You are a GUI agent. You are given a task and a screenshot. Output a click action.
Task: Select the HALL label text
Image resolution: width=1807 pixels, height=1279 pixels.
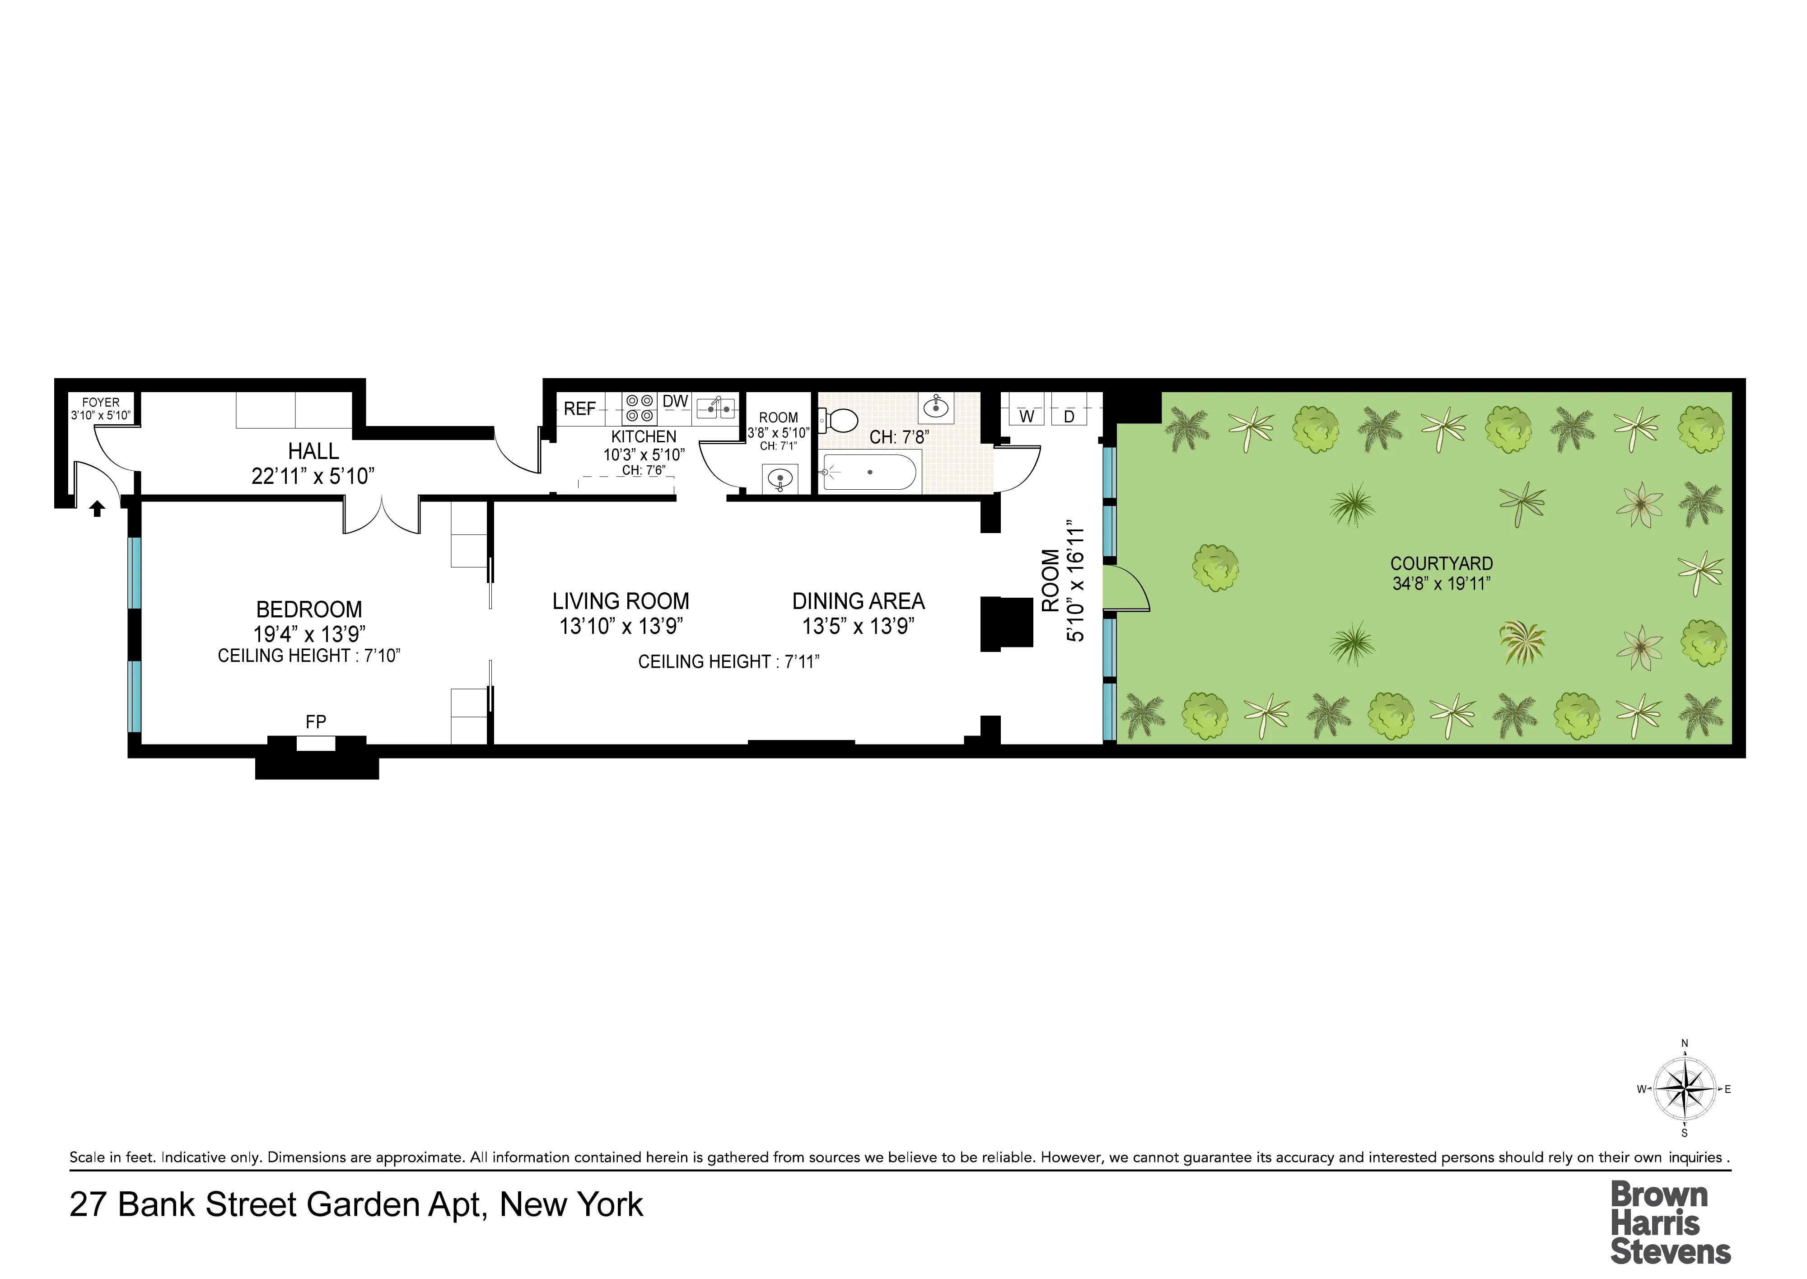pos(313,451)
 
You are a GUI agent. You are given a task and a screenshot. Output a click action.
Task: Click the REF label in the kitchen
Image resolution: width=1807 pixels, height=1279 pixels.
pos(579,409)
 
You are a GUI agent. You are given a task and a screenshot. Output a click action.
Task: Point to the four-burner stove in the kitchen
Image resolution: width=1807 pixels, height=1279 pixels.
pos(640,408)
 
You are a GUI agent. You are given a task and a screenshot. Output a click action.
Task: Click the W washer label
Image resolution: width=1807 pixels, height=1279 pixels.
pos(1027,417)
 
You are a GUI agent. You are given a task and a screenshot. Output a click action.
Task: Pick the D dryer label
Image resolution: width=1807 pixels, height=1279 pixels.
pos(1069,417)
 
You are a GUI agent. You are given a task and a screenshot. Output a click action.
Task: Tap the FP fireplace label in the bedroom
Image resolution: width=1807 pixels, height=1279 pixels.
pos(316,721)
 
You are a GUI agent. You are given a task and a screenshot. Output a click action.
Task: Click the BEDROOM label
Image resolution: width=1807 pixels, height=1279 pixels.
pos(309,609)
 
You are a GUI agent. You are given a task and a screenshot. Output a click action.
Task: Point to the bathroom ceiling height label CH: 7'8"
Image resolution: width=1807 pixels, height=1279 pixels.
pos(899,437)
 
